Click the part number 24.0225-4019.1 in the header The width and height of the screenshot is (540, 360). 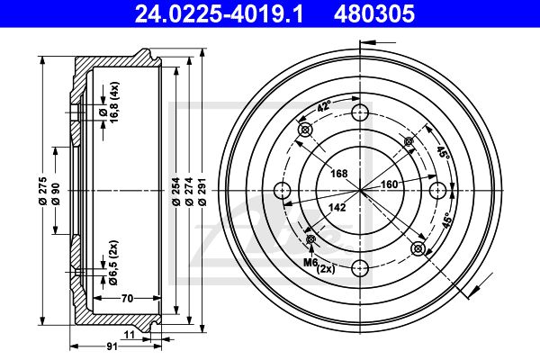[220, 13]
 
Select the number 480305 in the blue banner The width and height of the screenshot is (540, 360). [374, 13]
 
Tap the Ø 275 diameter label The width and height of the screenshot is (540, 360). [43, 191]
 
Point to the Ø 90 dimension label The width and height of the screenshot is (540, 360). [56, 194]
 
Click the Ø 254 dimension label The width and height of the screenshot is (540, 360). [176, 192]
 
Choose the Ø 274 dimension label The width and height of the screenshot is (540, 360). [189, 192]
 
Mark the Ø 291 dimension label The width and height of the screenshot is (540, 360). [202, 192]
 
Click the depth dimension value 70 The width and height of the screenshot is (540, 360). [127, 298]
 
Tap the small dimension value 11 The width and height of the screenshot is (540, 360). [130, 335]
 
